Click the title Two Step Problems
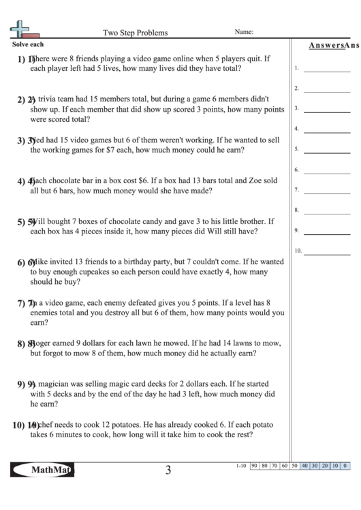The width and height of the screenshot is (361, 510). pyautogui.click(x=135, y=32)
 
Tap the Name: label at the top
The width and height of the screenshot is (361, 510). pyautogui.click(x=244, y=31)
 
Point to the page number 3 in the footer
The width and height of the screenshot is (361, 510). pyautogui.click(x=168, y=470)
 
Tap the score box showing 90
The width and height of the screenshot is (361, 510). pyautogui.click(x=255, y=466)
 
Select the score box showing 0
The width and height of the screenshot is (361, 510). pyautogui.click(x=345, y=466)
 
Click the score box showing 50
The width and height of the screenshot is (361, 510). pyautogui.click(x=295, y=466)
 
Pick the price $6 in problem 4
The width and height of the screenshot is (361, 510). pyautogui.click(x=142, y=180)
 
